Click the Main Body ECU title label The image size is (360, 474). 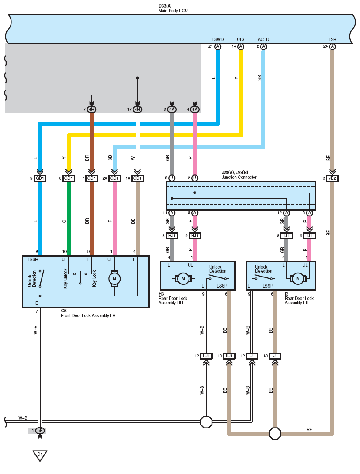coord(173,11)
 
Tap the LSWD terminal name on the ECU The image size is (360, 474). coord(217,39)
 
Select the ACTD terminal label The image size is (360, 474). coord(263,39)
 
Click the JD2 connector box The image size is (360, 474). coord(332,178)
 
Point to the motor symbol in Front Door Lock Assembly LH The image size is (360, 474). coord(114,279)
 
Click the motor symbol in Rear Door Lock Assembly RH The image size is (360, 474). coord(183,278)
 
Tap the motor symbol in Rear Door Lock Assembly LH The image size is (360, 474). coord(298,278)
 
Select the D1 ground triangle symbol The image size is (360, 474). coord(40,455)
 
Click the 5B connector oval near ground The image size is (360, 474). coord(40,430)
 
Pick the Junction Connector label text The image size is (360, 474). coord(239,177)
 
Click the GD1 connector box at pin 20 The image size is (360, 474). coord(114,178)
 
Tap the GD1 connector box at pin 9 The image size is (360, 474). coord(40,178)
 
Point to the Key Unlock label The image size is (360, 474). coord(65,278)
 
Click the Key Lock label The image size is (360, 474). coord(94,278)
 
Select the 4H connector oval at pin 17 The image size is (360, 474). coord(137,110)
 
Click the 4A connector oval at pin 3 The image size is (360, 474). coord(172,110)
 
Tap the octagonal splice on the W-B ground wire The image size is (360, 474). coord(206,422)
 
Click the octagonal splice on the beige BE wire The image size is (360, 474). coord(275,433)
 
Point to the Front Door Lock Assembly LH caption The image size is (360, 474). coord(88,315)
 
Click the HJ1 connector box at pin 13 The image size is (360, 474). coord(229,356)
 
